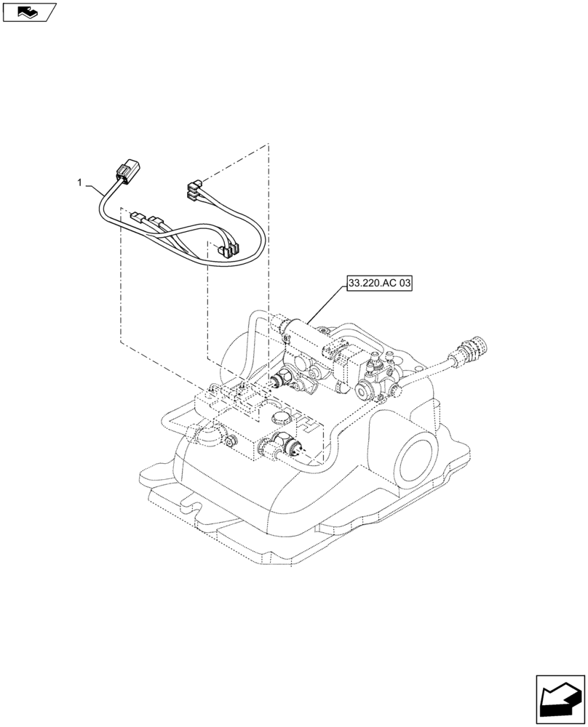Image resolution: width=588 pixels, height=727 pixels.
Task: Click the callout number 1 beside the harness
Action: point(80,183)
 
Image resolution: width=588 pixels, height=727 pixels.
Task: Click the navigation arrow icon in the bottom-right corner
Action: point(560,699)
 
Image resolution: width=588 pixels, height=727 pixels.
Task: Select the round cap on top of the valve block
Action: point(281,417)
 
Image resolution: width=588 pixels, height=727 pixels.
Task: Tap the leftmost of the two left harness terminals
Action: point(137,217)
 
